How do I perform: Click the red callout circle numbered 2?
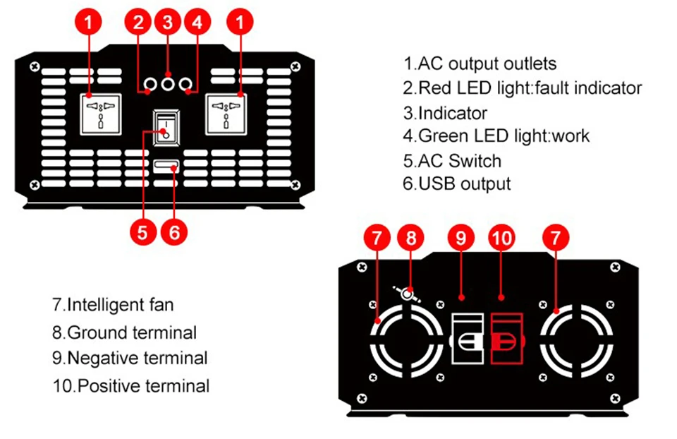click(138, 22)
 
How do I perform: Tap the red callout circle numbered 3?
click(168, 22)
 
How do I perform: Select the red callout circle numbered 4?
click(197, 22)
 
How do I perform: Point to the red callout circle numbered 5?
click(143, 232)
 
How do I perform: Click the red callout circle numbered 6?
click(174, 232)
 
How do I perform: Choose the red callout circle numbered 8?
click(410, 238)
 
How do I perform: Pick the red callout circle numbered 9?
click(461, 238)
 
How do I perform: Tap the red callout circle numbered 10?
click(501, 238)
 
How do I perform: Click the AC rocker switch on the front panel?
click(166, 128)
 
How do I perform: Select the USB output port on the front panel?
click(166, 166)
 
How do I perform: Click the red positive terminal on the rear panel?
click(507, 339)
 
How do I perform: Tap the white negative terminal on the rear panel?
click(467, 339)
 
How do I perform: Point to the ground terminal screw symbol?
click(406, 294)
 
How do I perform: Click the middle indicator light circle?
click(168, 83)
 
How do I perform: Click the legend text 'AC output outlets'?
click(487, 64)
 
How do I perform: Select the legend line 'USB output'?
click(457, 184)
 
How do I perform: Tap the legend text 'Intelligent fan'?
click(113, 305)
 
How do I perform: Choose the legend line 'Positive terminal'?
click(131, 386)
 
